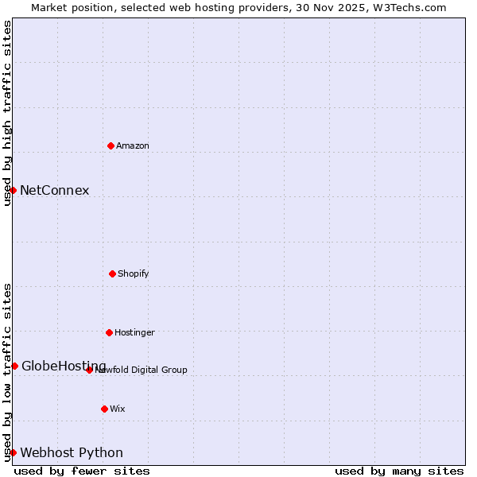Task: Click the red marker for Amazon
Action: pyautogui.click(x=111, y=145)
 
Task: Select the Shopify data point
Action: pyautogui.click(x=112, y=273)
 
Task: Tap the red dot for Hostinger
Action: pyautogui.click(x=109, y=332)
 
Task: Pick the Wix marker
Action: pyautogui.click(x=104, y=409)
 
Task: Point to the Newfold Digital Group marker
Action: pyautogui.click(x=89, y=370)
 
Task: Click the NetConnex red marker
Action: pyautogui.click(x=13, y=190)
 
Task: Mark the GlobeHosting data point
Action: pyautogui.click(x=14, y=366)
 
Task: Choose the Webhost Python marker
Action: pyautogui.click(x=13, y=452)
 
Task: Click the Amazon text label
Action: pyautogui.click(x=133, y=145)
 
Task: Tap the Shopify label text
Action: pyautogui.click(x=133, y=273)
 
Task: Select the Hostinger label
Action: pyautogui.click(x=134, y=332)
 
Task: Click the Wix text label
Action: pyautogui.click(x=118, y=409)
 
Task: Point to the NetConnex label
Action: pyautogui.click(x=55, y=190)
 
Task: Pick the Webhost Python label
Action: pyautogui.click(x=72, y=452)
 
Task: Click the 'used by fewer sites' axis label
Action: pyautogui.click(x=82, y=471)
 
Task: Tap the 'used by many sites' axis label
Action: pyautogui.click(x=399, y=471)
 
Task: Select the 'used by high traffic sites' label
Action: pyautogui.click(x=7, y=113)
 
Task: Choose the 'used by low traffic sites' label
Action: pyautogui.click(x=7, y=372)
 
